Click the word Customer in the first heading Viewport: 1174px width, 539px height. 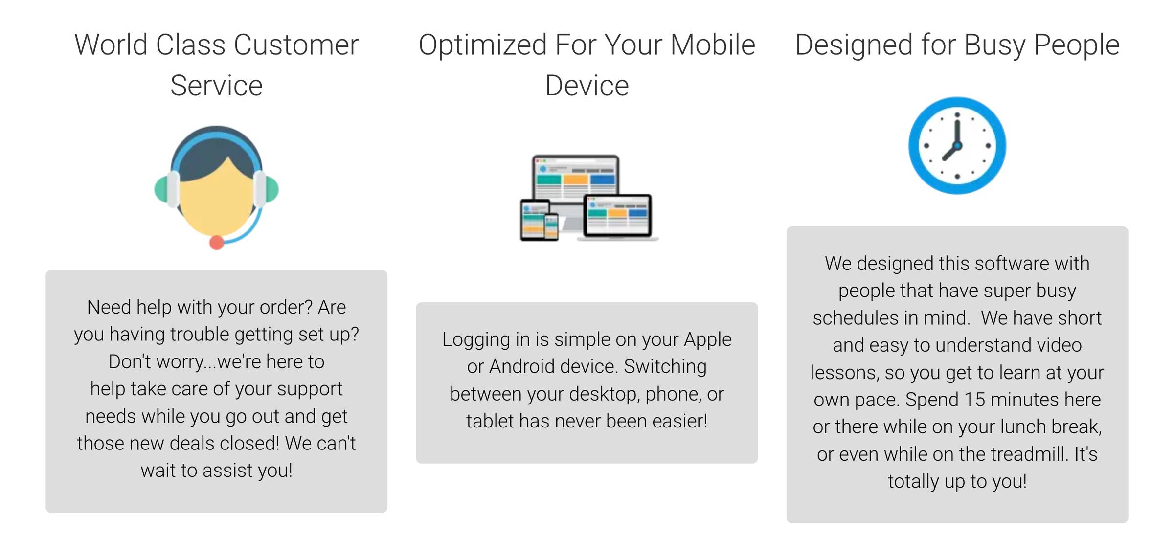296,45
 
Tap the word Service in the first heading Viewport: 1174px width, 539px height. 216,86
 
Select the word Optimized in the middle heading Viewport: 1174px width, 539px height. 482,45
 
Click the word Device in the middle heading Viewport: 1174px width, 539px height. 587,86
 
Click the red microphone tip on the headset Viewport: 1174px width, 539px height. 217,242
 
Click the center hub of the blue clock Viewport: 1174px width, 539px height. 957,145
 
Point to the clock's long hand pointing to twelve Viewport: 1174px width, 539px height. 957,129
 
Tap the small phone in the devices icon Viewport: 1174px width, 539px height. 552,227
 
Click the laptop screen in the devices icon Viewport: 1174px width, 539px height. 617,215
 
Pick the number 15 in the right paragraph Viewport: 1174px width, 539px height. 974,400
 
